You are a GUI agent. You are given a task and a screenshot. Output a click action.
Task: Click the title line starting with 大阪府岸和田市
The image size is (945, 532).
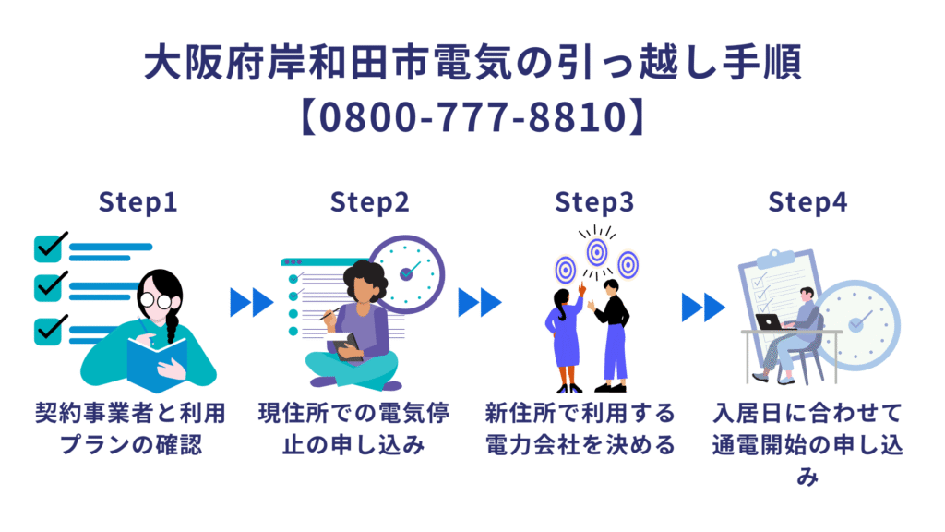[472, 64]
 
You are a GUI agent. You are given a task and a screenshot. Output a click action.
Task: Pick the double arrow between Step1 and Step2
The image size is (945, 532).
[252, 301]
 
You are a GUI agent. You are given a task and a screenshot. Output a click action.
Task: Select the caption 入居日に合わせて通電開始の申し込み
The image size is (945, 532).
[807, 441]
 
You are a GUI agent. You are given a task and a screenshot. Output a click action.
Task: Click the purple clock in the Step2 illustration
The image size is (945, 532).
[407, 273]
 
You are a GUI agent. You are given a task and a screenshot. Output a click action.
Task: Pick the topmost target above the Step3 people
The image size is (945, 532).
[597, 249]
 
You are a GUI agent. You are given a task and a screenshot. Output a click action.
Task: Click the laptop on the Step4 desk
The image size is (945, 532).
[769, 322]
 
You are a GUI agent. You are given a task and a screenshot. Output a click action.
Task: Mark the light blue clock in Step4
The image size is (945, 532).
[858, 322]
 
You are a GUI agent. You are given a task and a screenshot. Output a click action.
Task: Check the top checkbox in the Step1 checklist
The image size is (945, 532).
[47, 248]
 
